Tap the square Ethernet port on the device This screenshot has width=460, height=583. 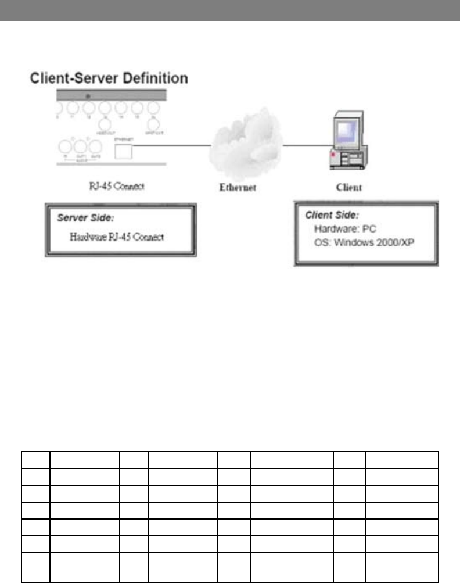[x=124, y=151]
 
